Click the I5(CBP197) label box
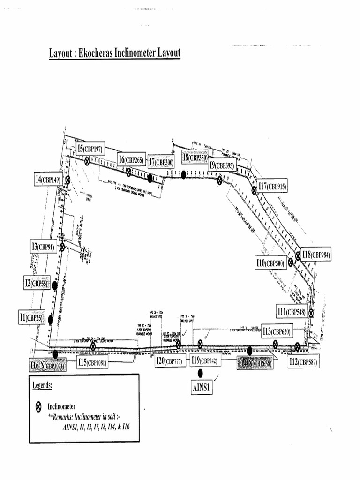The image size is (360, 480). [90, 149]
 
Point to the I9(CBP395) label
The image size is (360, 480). [222, 165]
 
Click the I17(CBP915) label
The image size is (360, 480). [271, 187]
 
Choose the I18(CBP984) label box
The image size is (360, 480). [315, 255]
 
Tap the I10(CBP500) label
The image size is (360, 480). [270, 263]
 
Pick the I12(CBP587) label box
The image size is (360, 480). [304, 361]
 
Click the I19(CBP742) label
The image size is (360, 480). [204, 360]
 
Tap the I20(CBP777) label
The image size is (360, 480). [169, 361]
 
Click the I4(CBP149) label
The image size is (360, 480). [48, 179]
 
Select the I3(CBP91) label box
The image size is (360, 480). [43, 246]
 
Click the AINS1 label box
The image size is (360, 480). [202, 388]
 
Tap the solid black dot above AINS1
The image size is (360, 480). [200, 373]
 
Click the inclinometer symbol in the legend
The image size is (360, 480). [39, 406]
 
